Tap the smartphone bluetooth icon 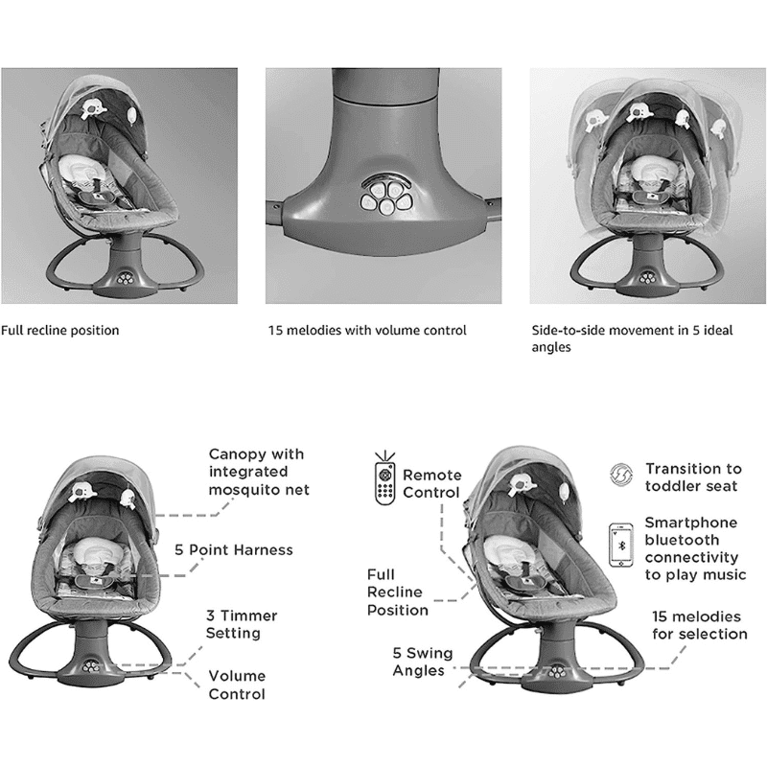[621, 546]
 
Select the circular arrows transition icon [621, 475]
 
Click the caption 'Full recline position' [60, 331]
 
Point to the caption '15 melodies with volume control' [367, 331]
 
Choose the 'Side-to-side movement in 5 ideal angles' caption [632, 338]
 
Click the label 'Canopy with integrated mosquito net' [259, 472]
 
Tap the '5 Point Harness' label [234, 550]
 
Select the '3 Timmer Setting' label [242, 624]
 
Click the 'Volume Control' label [237, 685]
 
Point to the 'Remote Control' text [432, 484]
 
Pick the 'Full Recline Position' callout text [398, 593]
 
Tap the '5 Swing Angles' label [423, 662]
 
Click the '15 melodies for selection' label [700, 625]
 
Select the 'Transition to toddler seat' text [693, 477]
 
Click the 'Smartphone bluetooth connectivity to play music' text [696, 548]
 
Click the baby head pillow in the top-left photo [80, 170]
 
